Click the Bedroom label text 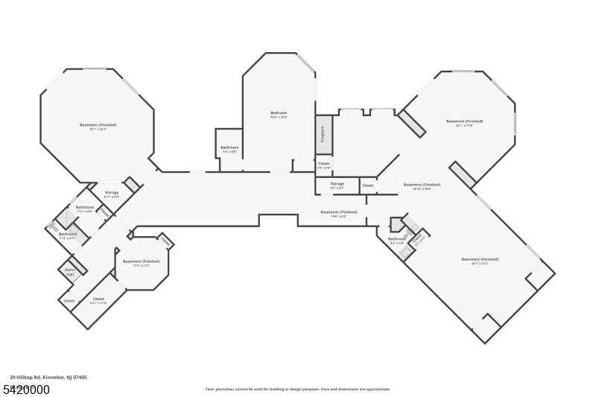click(x=279, y=113)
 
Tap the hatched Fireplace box click(x=323, y=134)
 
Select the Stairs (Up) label click(x=70, y=272)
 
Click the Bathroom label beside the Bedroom click(x=229, y=147)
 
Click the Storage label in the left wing click(x=111, y=193)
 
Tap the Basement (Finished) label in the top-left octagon click(x=98, y=125)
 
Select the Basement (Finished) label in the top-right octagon click(x=464, y=121)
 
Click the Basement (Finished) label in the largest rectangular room click(x=480, y=259)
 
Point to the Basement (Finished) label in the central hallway click(x=339, y=212)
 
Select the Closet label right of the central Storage click(x=368, y=185)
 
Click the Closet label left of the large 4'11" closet click(x=69, y=301)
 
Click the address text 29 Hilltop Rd click(x=48, y=378)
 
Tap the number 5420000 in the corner click(x=27, y=390)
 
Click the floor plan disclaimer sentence click(x=298, y=389)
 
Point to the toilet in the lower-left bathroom click(x=53, y=224)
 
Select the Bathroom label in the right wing click(x=398, y=239)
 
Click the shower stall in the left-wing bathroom click(x=66, y=219)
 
